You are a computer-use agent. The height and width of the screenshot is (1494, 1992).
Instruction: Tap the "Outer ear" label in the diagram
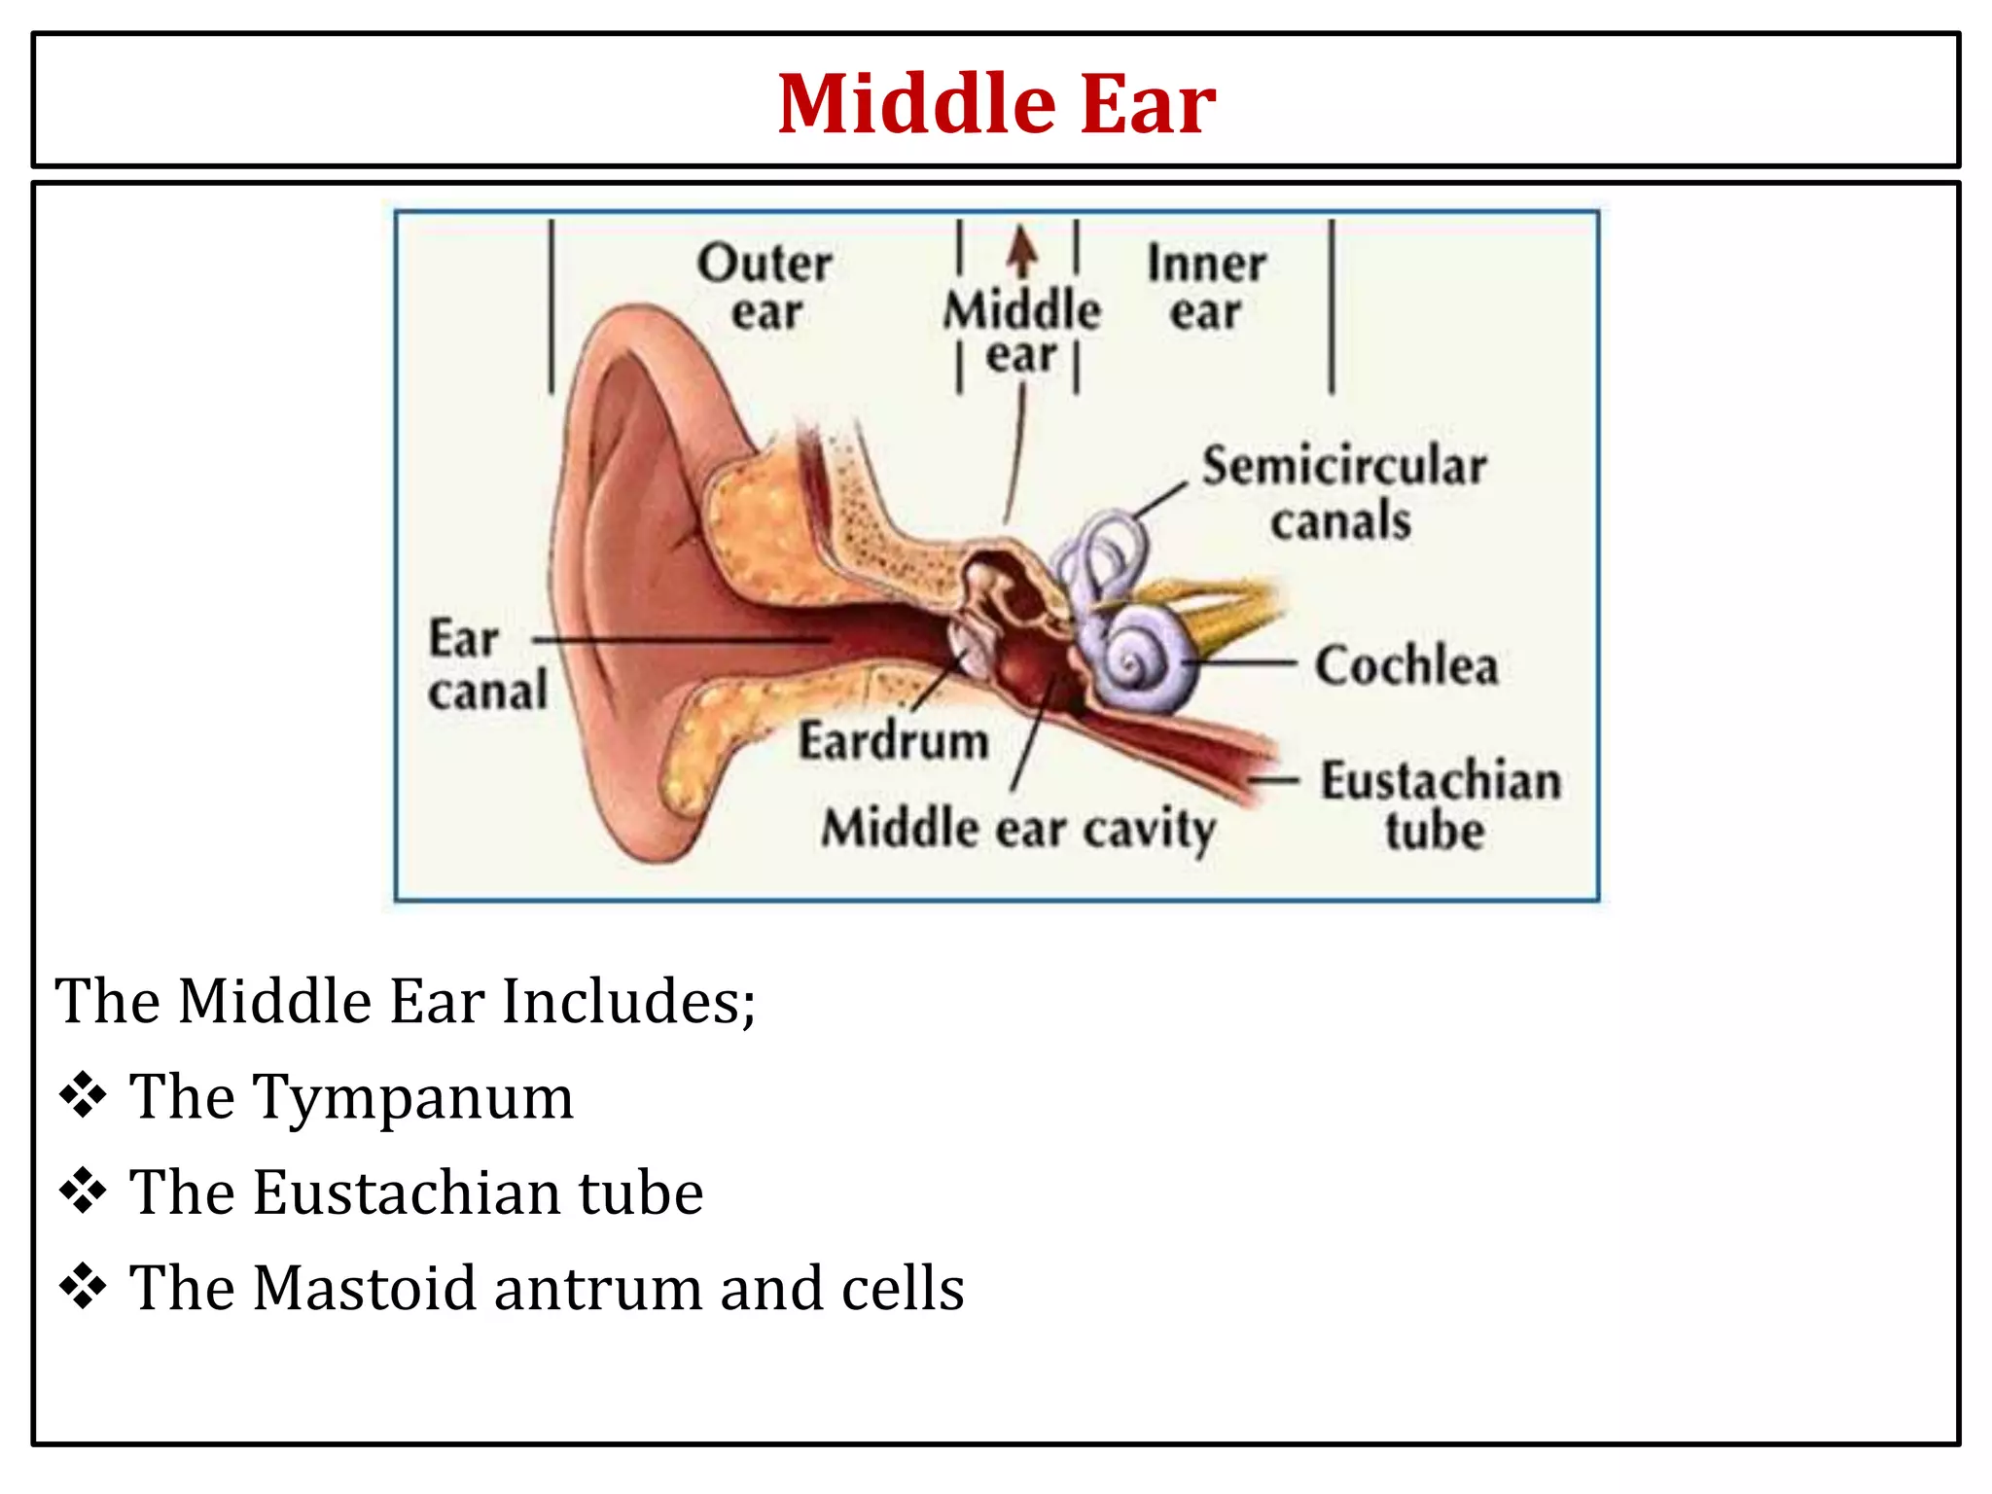765,287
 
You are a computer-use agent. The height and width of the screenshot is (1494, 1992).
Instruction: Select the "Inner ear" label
1206,287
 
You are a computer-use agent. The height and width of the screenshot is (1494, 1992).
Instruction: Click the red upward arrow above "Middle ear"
1021,251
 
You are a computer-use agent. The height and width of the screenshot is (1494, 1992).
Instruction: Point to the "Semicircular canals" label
1343,492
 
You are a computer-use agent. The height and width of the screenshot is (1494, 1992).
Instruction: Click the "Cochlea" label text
1406,666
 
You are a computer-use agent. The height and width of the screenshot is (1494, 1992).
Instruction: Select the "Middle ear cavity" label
1018,830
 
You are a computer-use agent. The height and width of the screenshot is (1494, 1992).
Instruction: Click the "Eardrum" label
893,741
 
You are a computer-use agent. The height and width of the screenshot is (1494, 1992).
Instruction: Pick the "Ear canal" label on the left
486,665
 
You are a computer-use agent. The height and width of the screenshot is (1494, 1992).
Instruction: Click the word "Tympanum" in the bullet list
414,1097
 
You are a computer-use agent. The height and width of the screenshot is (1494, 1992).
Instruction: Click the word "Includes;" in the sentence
628,1001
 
